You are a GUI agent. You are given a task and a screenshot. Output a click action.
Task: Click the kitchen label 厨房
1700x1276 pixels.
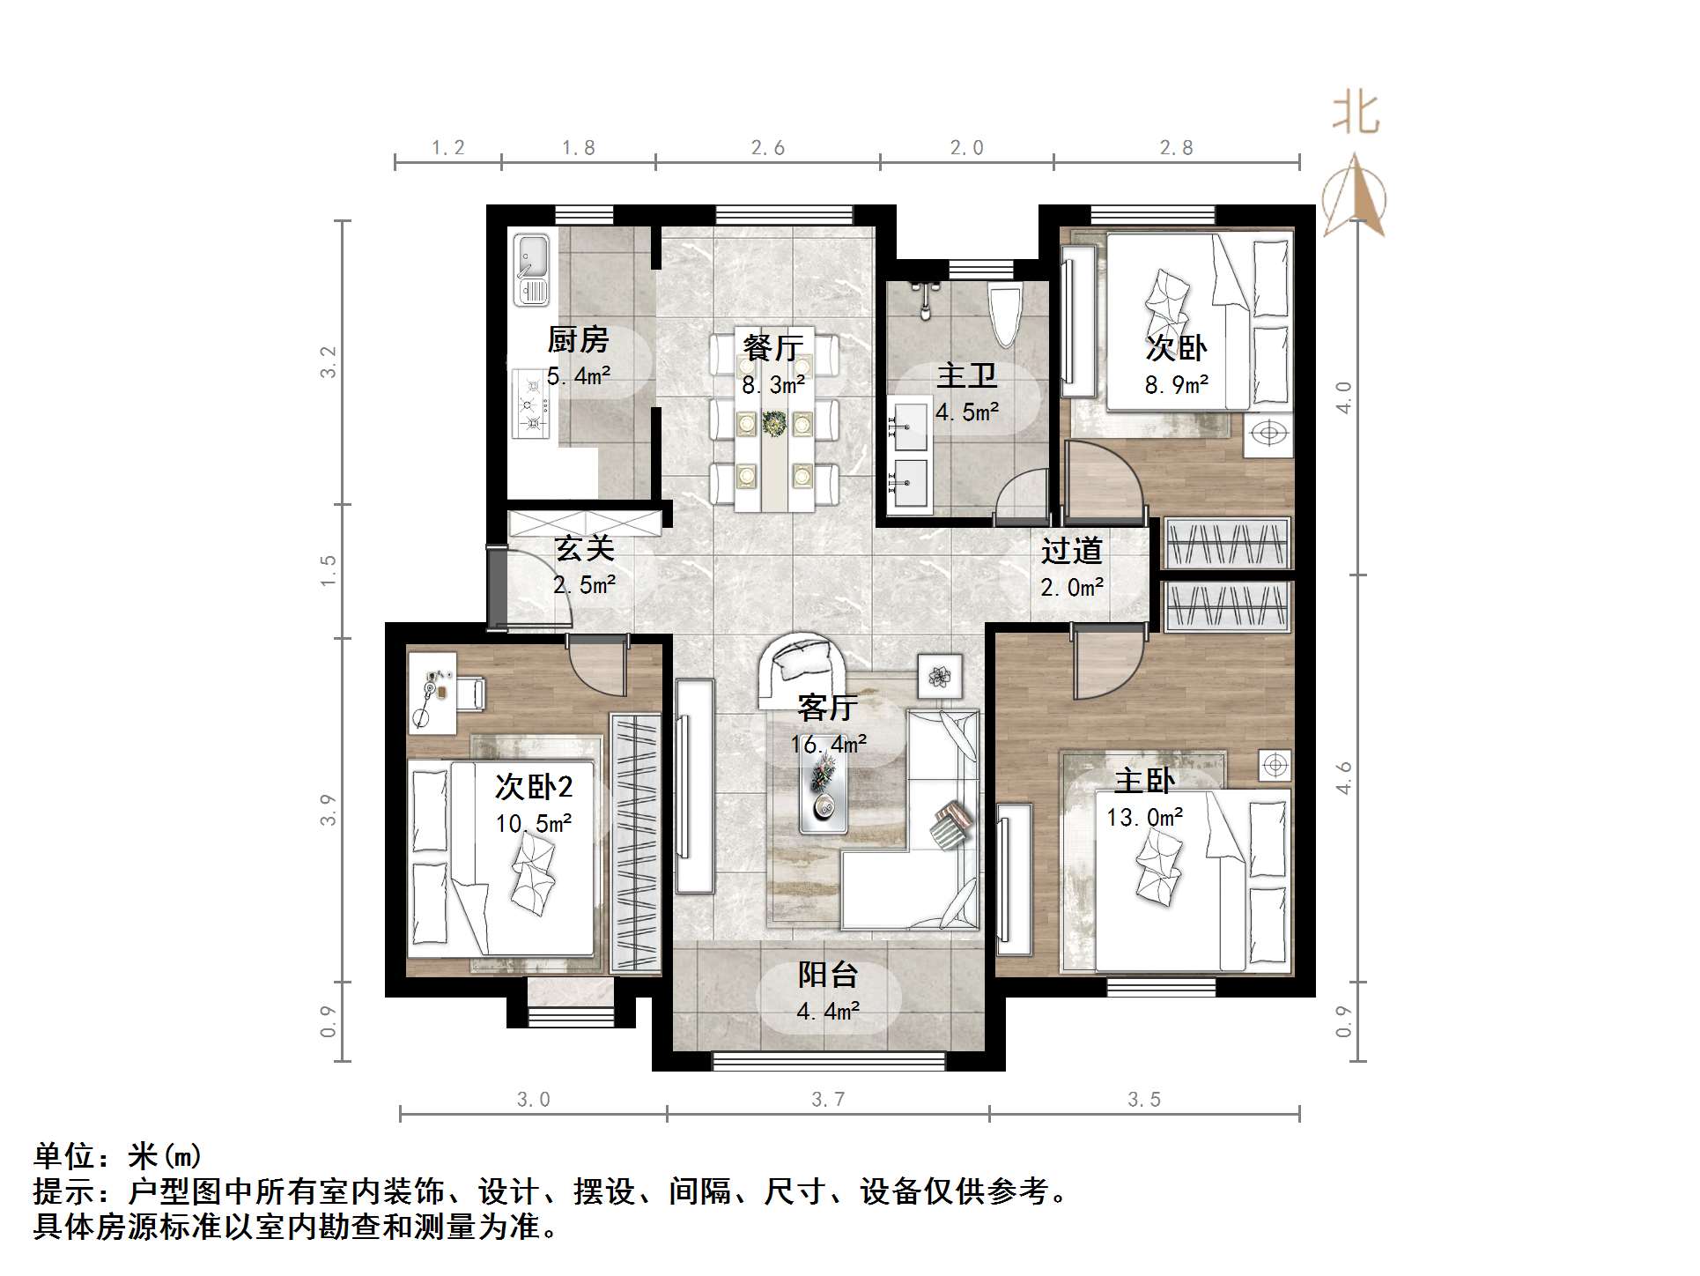pyautogui.click(x=579, y=339)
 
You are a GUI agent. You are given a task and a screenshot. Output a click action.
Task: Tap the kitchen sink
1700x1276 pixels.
pyautogui.click(x=532, y=268)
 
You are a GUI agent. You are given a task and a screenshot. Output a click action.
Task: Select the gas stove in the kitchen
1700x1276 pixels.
pyautogui.click(x=530, y=404)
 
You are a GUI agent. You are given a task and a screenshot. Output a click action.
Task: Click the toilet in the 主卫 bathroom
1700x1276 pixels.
pyautogui.click(x=1005, y=316)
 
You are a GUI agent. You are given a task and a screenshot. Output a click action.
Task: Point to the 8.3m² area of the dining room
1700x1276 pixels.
pyautogui.click(x=773, y=385)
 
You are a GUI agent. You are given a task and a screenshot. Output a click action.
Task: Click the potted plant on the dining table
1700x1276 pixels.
pyautogui.click(x=774, y=424)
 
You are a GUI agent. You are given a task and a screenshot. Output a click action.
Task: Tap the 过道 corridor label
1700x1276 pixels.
pyautogui.click(x=1072, y=551)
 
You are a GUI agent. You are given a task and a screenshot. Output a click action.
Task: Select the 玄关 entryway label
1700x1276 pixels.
pyautogui.click(x=584, y=548)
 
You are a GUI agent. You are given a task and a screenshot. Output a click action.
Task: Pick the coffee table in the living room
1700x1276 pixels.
pyautogui.click(x=823, y=793)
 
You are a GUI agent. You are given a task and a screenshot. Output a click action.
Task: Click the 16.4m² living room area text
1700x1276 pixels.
pyautogui.click(x=828, y=745)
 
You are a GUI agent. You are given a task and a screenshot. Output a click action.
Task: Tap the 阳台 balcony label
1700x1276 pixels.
pyautogui.click(x=828, y=975)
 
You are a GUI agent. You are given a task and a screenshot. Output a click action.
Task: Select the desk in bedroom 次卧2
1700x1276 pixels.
pyautogui.click(x=432, y=693)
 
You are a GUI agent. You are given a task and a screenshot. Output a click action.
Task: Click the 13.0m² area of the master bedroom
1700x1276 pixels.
pyautogui.click(x=1145, y=818)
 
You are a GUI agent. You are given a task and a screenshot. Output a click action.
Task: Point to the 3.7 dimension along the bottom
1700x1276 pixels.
pyautogui.click(x=828, y=1099)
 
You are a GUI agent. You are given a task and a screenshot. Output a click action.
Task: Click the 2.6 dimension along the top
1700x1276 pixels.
pyautogui.click(x=768, y=148)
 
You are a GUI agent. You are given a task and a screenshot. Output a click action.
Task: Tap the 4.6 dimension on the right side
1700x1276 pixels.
pyautogui.click(x=1342, y=779)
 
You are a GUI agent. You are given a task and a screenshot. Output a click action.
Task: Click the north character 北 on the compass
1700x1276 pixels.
pyautogui.click(x=1355, y=115)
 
